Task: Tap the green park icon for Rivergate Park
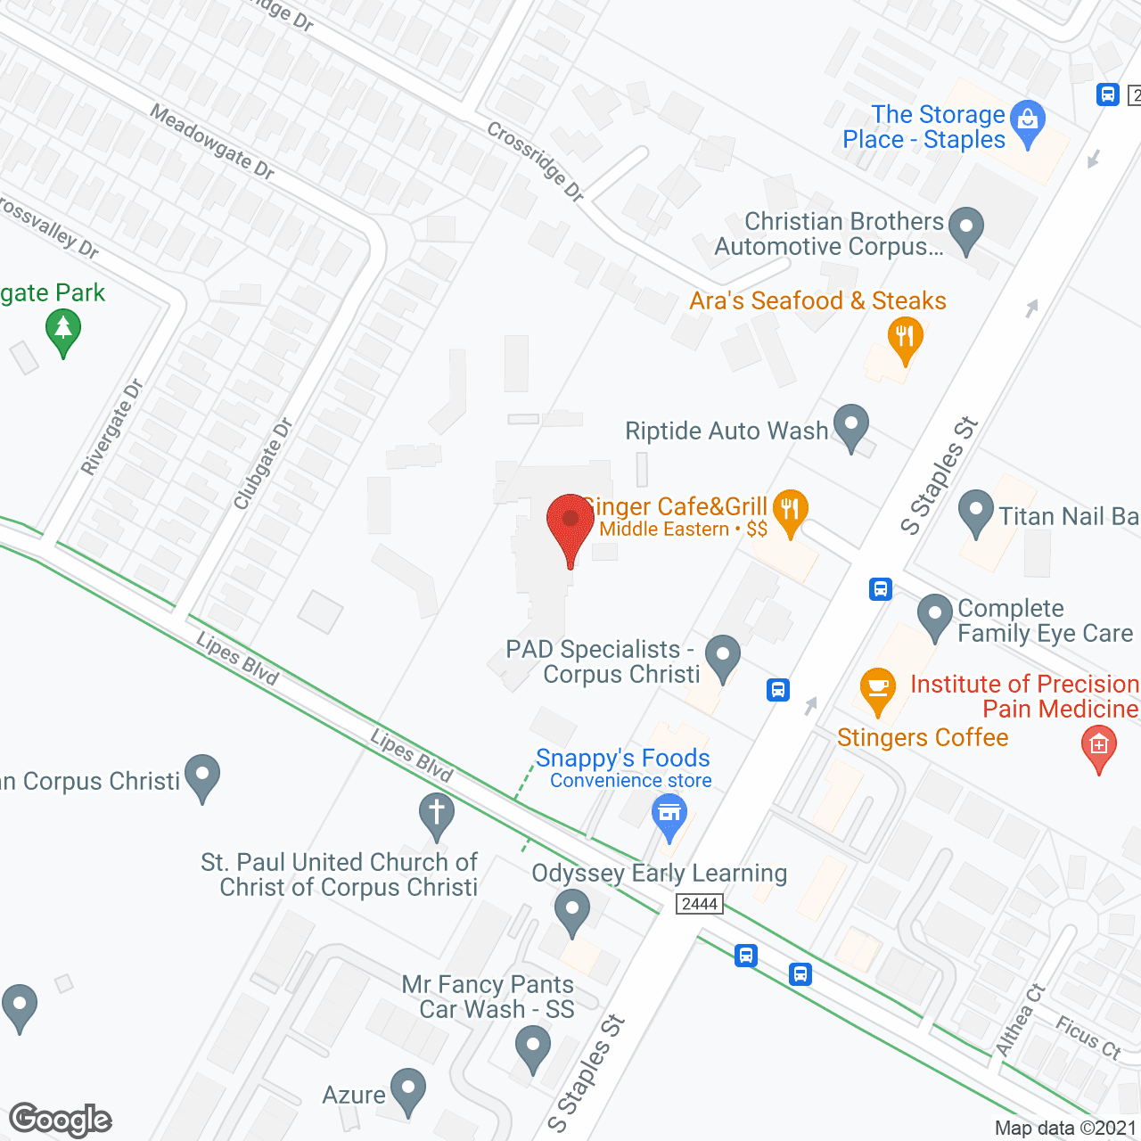(63, 331)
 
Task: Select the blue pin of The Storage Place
(1029, 123)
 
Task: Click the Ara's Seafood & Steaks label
(817, 301)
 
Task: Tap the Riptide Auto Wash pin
(850, 427)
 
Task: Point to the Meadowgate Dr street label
(211, 141)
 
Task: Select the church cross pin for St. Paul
(437, 815)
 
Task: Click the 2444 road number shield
(700, 904)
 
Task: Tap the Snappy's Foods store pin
(669, 817)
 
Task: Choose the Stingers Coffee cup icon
(878, 690)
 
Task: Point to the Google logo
(61, 1120)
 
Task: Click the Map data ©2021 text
(1065, 1128)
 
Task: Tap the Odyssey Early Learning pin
(572, 912)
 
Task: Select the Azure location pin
(408, 1090)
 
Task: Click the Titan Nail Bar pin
(975, 513)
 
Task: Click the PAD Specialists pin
(723, 656)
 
